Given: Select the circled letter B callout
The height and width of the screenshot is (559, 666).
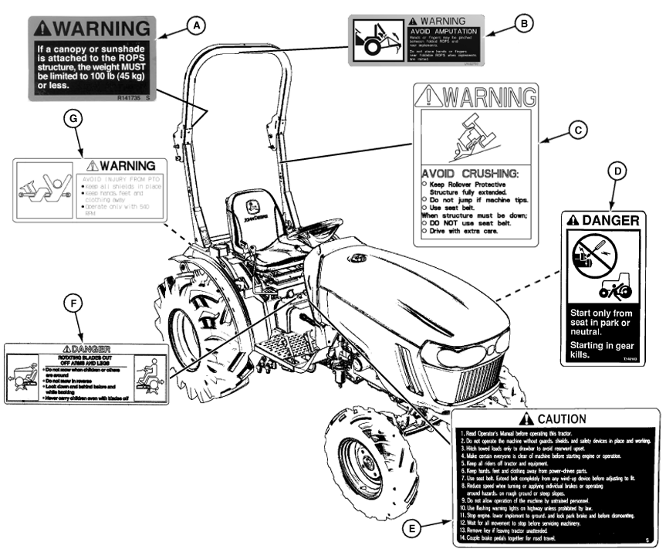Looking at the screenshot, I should pos(524,23).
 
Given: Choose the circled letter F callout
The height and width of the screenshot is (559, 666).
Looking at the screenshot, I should pos(73,303).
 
